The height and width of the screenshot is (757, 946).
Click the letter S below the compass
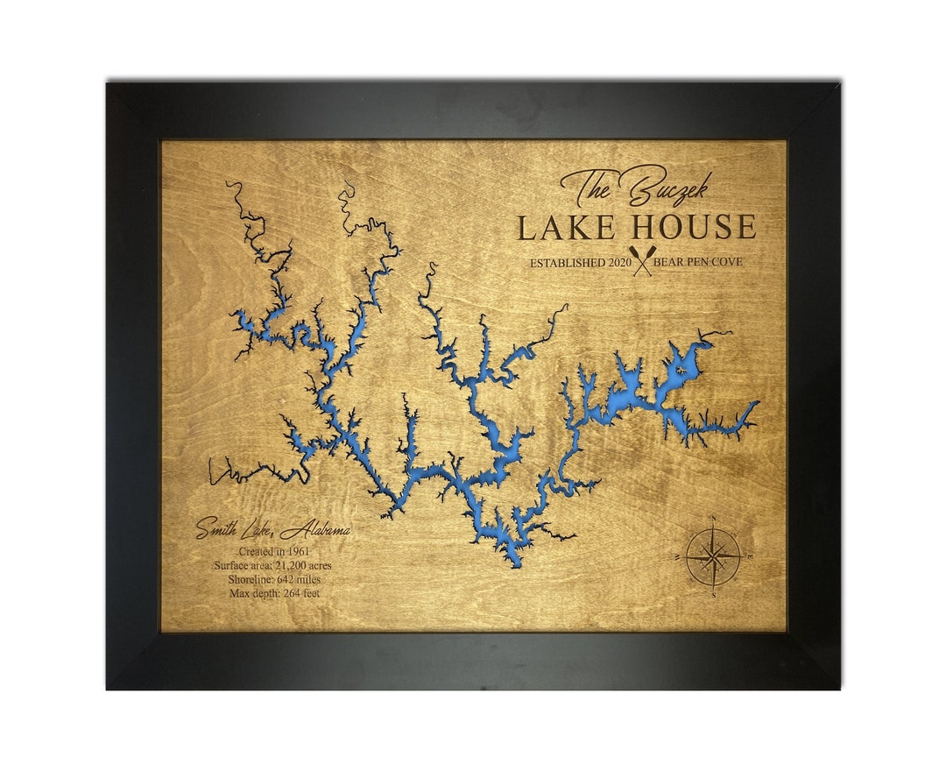click(715, 595)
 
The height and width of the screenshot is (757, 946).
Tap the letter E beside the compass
click(749, 556)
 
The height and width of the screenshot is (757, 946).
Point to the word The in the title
click(589, 187)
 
